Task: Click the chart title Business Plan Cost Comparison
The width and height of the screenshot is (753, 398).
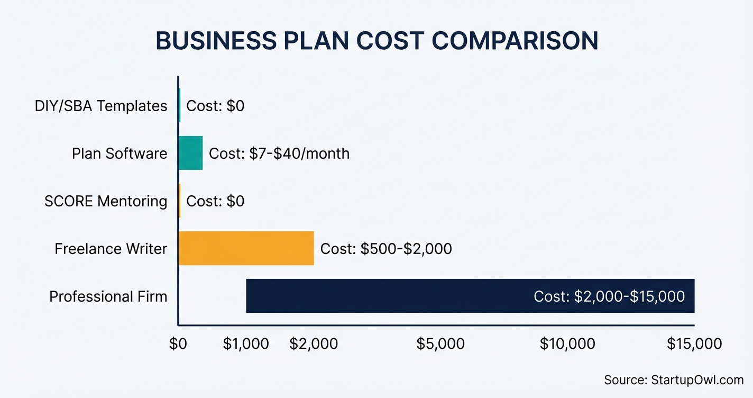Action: tap(376, 42)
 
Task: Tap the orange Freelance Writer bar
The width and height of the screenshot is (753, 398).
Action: tap(246, 248)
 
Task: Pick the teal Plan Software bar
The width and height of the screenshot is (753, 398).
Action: tap(190, 153)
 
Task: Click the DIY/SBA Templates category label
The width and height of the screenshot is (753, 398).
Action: tap(101, 106)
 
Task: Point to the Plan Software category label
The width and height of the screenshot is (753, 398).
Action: tap(120, 153)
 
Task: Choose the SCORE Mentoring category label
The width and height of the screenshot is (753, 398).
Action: tap(106, 201)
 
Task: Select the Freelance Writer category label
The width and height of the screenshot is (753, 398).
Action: tap(111, 249)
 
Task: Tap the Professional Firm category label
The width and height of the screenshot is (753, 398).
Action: tap(108, 296)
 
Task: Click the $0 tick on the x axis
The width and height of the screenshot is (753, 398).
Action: tap(178, 344)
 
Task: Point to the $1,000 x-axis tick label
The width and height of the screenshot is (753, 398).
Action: tap(246, 344)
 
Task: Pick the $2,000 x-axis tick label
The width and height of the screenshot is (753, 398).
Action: tap(314, 344)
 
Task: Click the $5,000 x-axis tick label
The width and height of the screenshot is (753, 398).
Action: tap(440, 344)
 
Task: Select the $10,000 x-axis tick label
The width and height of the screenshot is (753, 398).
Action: tap(567, 344)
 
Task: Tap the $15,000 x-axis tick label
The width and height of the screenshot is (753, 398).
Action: tap(694, 344)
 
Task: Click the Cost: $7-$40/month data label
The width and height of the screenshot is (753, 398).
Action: tap(279, 153)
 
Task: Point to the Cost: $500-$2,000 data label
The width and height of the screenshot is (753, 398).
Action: tap(386, 249)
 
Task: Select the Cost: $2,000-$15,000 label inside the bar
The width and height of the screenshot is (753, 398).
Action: tap(609, 296)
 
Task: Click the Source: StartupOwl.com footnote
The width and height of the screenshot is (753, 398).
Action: tap(674, 380)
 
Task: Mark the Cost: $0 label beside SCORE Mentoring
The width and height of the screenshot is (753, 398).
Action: tap(215, 201)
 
